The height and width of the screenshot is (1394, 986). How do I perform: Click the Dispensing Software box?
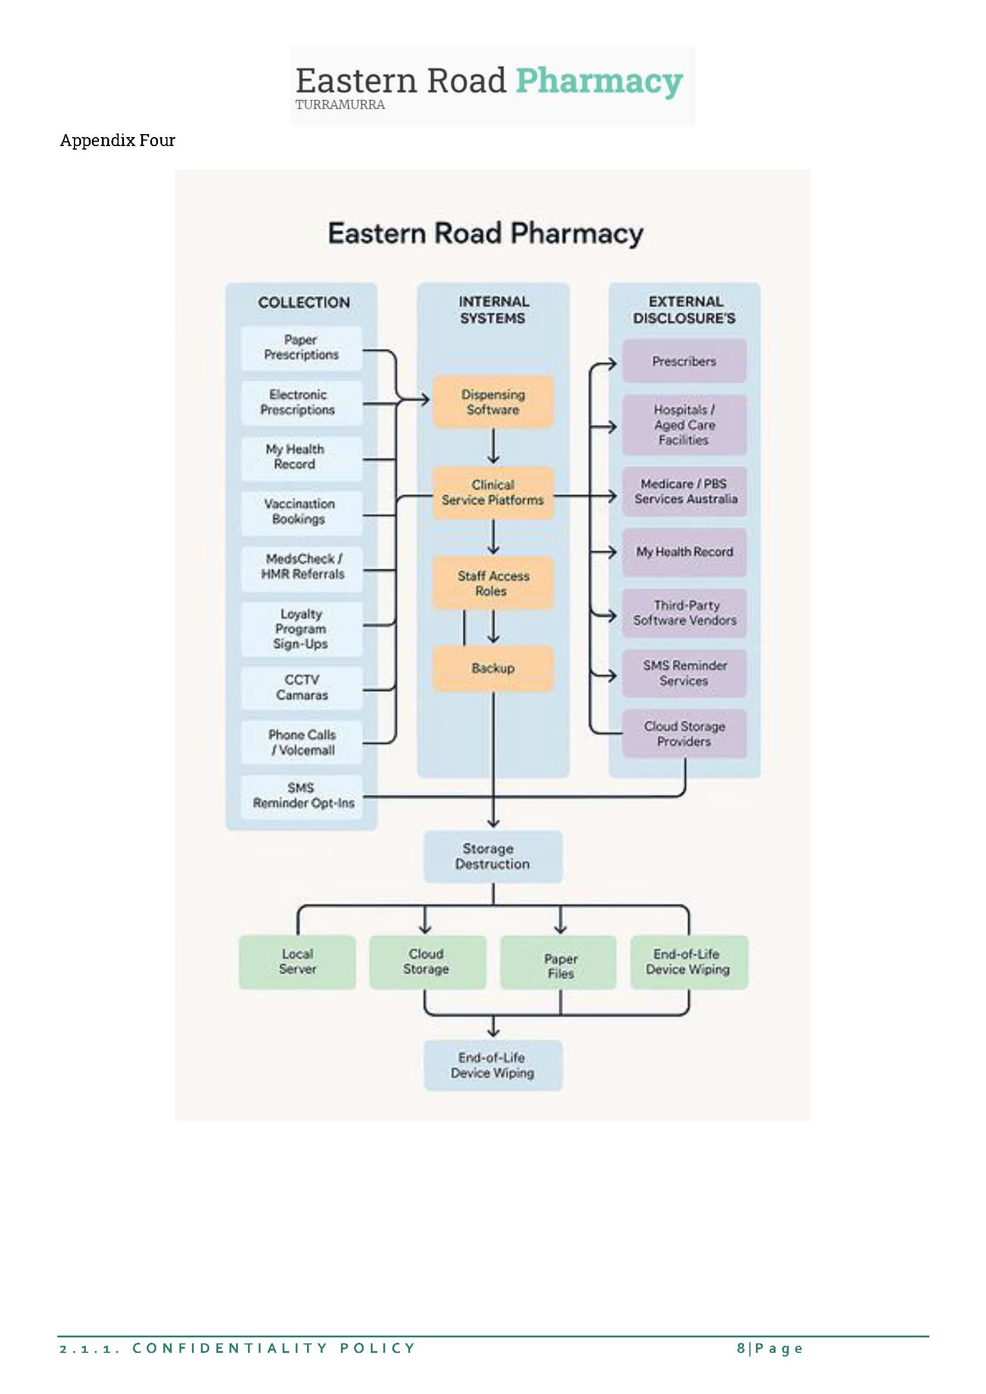click(x=493, y=402)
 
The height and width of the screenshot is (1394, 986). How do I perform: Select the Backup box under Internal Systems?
click(x=493, y=668)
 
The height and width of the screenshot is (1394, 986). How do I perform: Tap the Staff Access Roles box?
click(x=493, y=583)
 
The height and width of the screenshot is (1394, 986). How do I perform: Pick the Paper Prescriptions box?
click(x=301, y=348)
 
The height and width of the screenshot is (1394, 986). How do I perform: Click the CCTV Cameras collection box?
click(x=302, y=687)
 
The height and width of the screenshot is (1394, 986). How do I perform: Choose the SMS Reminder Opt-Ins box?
click(x=302, y=796)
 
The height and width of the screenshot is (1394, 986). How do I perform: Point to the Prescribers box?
click(x=684, y=361)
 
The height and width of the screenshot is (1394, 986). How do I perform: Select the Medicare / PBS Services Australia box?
click(x=685, y=491)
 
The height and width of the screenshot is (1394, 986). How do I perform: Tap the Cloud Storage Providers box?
click(x=684, y=734)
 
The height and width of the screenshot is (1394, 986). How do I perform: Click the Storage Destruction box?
click(x=493, y=856)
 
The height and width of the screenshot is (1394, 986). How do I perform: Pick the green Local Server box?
click(x=297, y=962)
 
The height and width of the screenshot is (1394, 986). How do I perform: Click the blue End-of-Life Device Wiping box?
click(x=493, y=1065)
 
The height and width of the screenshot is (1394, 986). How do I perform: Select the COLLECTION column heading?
click(x=303, y=302)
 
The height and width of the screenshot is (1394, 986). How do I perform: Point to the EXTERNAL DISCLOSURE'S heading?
click(x=684, y=310)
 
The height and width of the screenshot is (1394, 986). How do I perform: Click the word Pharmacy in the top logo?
click(x=599, y=80)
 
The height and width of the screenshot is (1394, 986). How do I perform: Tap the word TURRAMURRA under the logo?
click(x=340, y=104)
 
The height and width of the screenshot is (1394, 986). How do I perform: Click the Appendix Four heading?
click(x=118, y=140)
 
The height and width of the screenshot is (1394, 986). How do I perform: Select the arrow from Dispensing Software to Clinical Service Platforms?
click(x=494, y=447)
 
